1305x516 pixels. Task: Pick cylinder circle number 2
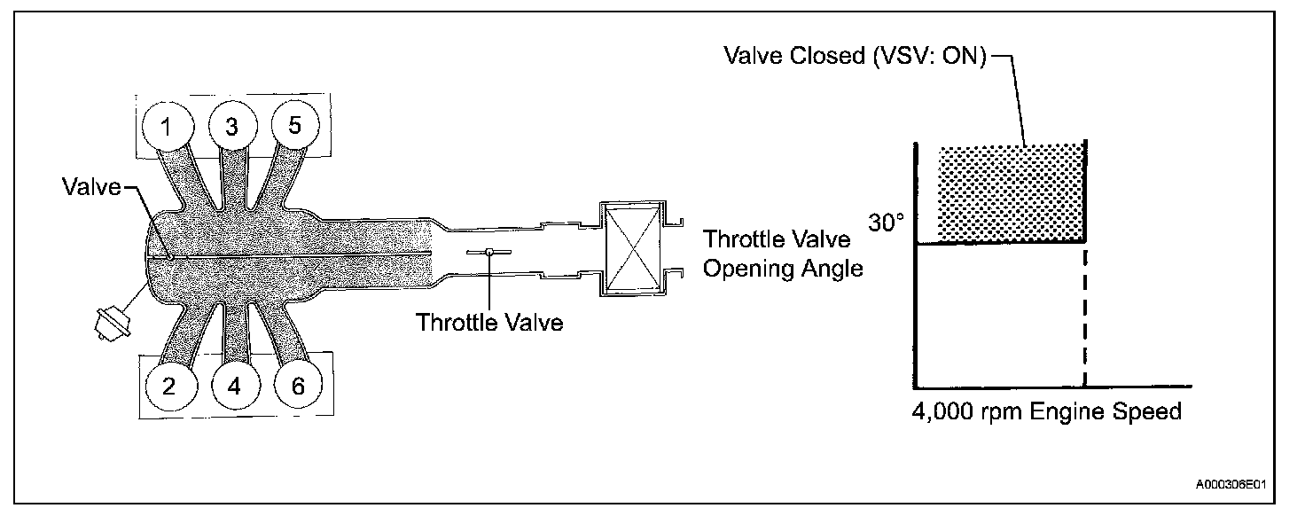(168, 386)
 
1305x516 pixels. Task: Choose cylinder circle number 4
(233, 387)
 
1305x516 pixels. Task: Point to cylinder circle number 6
(297, 386)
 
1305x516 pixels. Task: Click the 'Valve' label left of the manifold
(91, 188)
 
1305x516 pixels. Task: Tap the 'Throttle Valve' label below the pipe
(489, 323)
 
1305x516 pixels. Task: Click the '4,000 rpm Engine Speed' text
(1046, 412)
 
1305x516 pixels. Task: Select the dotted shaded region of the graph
(1012, 192)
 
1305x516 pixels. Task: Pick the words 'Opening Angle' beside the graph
(782, 268)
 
